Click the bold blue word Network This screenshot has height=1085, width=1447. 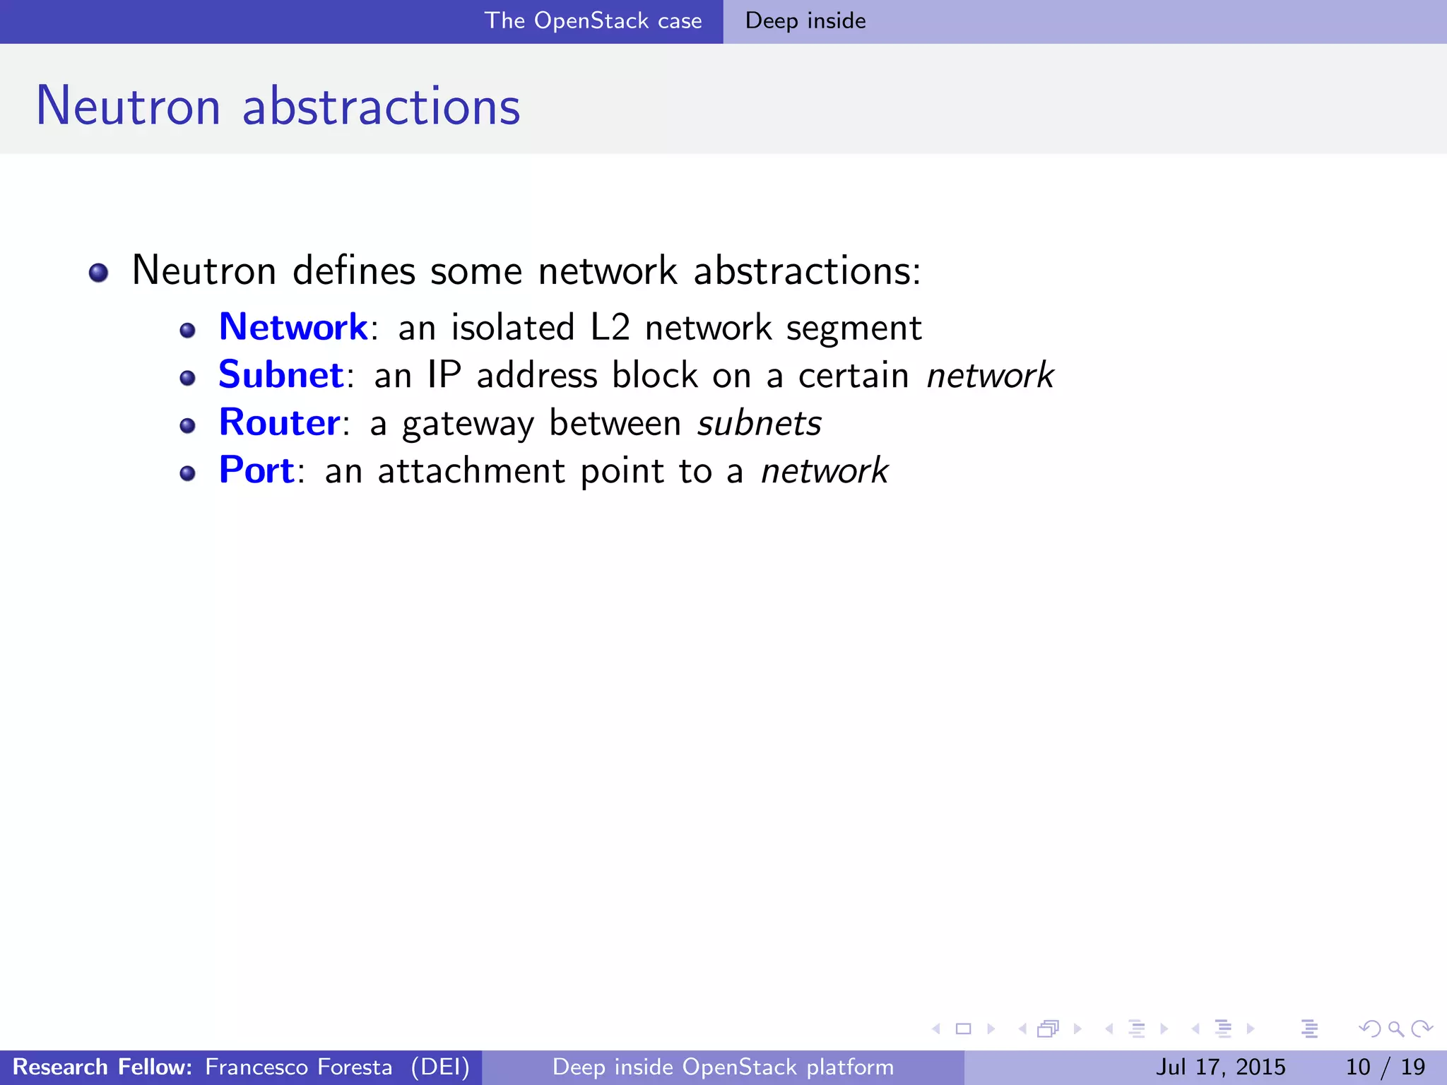293,328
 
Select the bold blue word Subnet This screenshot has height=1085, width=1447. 280,375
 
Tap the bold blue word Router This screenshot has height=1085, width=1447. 280,422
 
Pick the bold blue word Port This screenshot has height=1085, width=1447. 256,470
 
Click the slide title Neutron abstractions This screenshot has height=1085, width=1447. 278,106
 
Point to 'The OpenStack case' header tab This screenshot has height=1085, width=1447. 593,21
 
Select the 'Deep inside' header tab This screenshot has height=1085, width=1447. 805,21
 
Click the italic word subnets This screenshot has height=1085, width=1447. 760,423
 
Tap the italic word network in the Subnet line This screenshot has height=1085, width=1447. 990,375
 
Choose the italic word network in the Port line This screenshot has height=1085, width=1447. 825,470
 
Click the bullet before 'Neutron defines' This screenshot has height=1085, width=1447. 99,273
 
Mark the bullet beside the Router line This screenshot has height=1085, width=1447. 187,425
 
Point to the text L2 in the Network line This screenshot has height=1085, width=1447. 610,328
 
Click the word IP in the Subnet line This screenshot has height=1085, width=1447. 444,375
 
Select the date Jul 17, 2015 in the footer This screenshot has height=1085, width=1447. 1220,1067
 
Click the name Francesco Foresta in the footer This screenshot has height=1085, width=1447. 298,1067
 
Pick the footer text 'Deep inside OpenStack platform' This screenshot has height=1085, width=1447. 723,1067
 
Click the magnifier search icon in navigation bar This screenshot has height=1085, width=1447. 1395,1029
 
